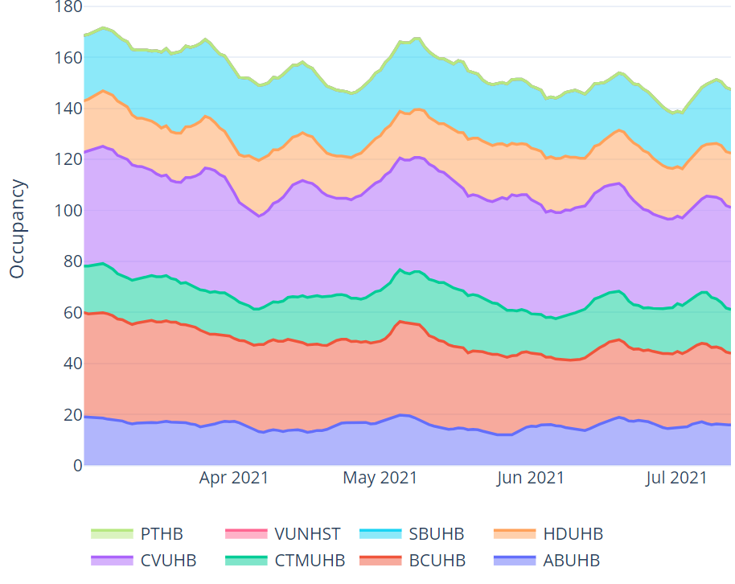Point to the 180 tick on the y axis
(68, 7)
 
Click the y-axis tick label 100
(68, 211)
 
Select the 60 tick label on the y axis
(72, 313)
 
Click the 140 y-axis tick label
(68, 109)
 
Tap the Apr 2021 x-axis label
(234, 479)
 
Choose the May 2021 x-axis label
(380, 479)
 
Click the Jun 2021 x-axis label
(531, 479)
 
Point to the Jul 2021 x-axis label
(677, 479)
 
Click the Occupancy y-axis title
(18, 229)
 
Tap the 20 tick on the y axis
(72, 415)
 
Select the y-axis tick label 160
(68, 58)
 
